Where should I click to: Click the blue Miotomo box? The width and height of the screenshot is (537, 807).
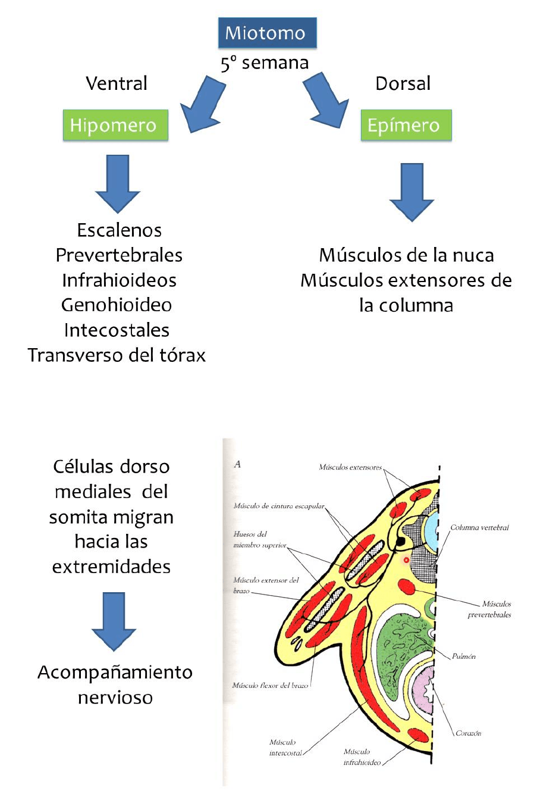[x=267, y=33]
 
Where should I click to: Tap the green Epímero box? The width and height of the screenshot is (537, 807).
[x=406, y=125]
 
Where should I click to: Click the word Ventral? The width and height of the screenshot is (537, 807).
[x=117, y=83]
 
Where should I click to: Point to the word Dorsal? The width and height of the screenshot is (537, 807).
[x=403, y=83]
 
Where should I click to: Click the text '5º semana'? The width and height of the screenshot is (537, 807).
[x=265, y=62]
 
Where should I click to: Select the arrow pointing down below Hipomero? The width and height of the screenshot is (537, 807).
[x=118, y=183]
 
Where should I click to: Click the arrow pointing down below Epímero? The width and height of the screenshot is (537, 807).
[x=412, y=192]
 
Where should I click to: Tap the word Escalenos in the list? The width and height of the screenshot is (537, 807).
[x=119, y=230]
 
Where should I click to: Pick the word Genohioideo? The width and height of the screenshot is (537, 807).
[x=117, y=305]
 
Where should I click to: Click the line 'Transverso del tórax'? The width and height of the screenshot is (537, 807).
[x=117, y=355]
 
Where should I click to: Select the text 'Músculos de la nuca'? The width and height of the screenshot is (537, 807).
[x=406, y=255]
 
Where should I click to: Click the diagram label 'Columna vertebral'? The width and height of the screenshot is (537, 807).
[x=479, y=527]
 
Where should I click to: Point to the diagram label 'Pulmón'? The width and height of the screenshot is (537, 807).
[x=464, y=656]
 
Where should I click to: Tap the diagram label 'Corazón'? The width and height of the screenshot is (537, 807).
[x=468, y=733]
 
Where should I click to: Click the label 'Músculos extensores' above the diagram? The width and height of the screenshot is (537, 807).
[x=350, y=467]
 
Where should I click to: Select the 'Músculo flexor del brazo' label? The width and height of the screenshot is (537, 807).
[x=270, y=686]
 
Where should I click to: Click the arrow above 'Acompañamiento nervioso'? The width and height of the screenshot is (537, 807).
[x=114, y=621]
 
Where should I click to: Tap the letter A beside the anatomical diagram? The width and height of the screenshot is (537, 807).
[x=237, y=464]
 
